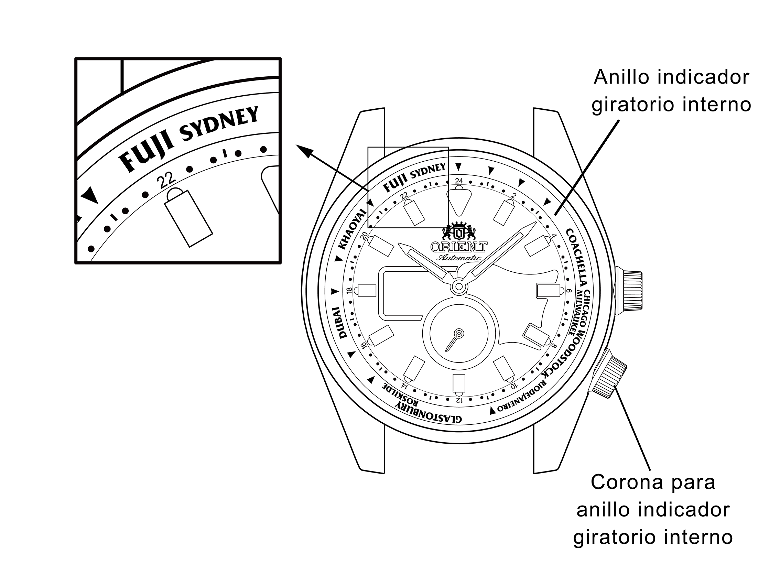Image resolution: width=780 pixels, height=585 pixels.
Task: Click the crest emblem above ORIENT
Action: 459,231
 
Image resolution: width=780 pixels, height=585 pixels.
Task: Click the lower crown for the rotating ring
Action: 609,374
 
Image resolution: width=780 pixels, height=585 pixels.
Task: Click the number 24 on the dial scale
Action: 459,181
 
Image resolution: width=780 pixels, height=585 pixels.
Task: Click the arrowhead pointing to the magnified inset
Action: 304,151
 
